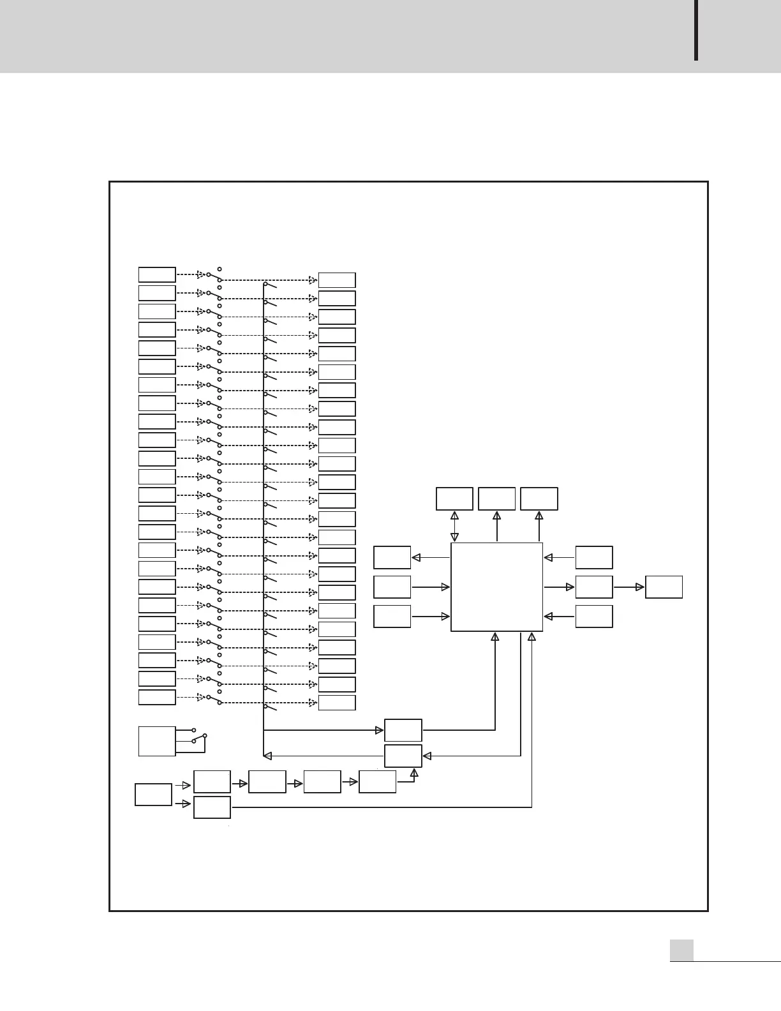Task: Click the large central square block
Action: [496, 587]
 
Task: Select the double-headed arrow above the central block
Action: [455, 527]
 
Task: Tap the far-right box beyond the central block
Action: [664, 587]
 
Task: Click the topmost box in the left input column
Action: [157, 274]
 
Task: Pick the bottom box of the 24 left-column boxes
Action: [157, 697]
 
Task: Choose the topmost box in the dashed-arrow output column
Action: [337, 280]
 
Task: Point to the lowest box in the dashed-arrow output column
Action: [337, 703]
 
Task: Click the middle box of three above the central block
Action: [496, 498]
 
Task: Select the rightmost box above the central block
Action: [539, 498]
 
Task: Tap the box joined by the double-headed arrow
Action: [454, 498]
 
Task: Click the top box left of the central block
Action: [392, 557]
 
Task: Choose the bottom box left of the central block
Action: [392, 616]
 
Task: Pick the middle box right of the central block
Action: [594, 587]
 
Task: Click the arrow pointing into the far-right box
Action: [629, 587]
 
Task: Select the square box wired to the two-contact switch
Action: [157, 741]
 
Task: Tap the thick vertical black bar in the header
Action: [696, 30]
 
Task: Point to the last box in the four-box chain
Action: [377, 781]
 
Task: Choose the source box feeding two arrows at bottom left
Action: [153, 795]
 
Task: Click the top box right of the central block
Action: [594, 557]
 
